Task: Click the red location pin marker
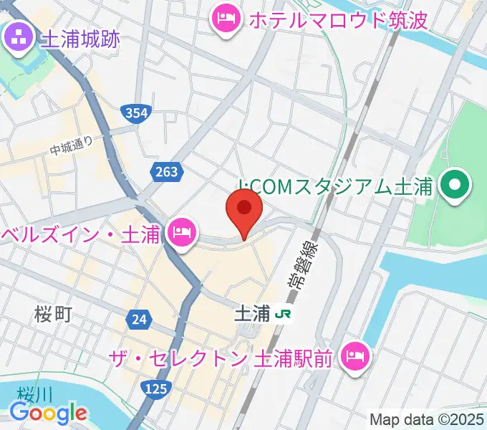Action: pyautogui.click(x=243, y=210)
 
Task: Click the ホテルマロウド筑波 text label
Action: pyautogui.click(x=338, y=19)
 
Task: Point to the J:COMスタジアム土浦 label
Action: pyautogui.click(x=335, y=187)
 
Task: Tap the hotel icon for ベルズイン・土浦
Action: pyautogui.click(x=182, y=232)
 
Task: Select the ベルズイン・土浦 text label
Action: pyautogui.click(x=81, y=234)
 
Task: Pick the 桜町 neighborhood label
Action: pyautogui.click(x=53, y=313)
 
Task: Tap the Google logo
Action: pyautogui.click(x=49, y=413)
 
